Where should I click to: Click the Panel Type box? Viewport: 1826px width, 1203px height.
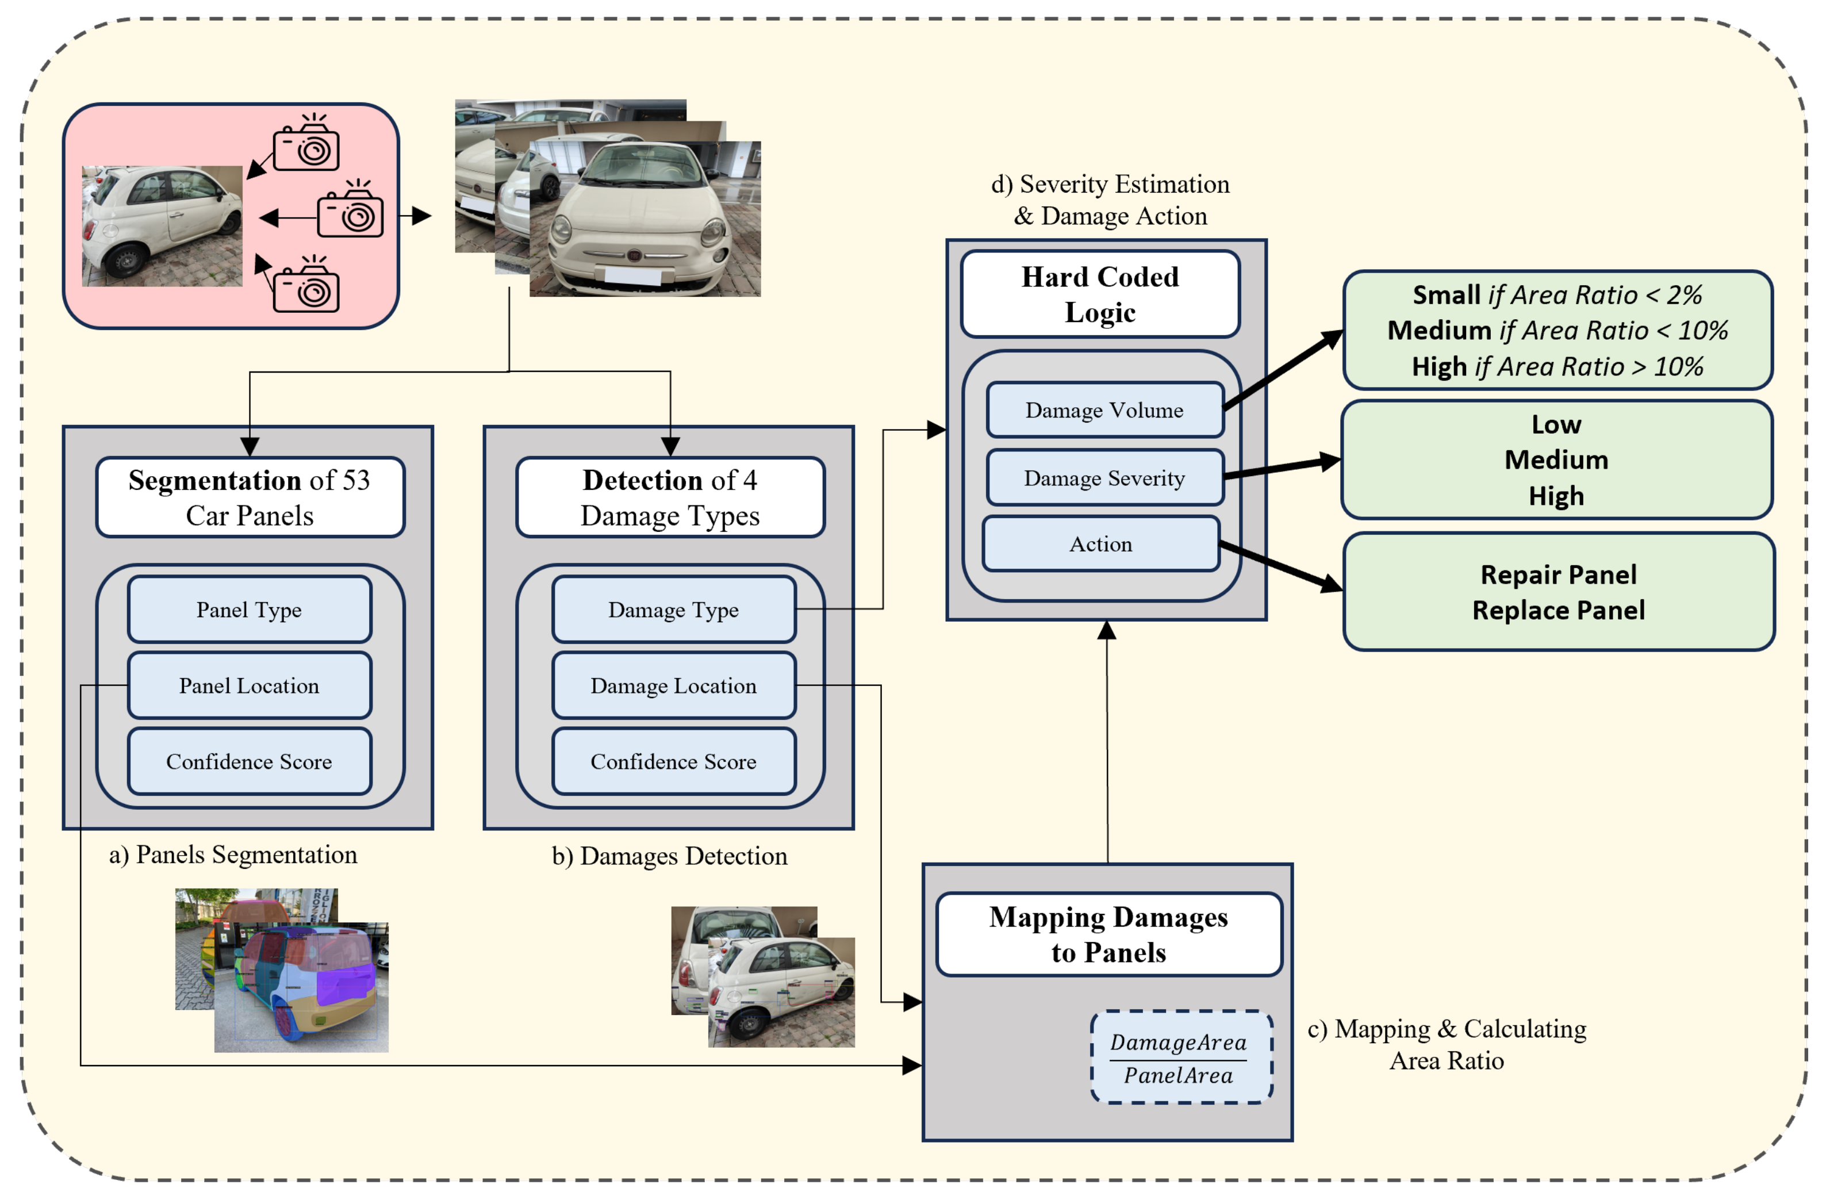[x=250, y=609]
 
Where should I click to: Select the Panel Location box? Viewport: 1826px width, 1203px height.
[x=250, y=685]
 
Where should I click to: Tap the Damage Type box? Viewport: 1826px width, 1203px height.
[x=674, y=609]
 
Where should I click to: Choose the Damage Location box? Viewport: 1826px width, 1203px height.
[x=674, y=685]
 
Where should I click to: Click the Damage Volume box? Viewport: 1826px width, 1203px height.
[x=1105, y=409]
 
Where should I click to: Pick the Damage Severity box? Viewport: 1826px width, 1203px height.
[x=1105, y=477]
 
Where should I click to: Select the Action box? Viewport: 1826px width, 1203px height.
[x=1101, y=544]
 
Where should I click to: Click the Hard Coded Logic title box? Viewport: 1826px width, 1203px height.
[x=1100, y=294]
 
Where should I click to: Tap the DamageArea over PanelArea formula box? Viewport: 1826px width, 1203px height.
[x=1181, y=1058]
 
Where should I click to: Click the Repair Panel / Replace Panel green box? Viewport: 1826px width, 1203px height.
[x=1558, y=592]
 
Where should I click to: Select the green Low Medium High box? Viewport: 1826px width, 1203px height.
[x=1557, y=459]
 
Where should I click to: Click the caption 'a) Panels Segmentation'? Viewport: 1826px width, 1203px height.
[x=233, y=855]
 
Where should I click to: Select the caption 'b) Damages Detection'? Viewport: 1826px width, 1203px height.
[x=670, y=856]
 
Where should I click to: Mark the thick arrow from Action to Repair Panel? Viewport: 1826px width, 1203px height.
[x=1282, y=567]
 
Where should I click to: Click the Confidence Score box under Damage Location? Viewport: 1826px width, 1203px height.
[x=674, y=761]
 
